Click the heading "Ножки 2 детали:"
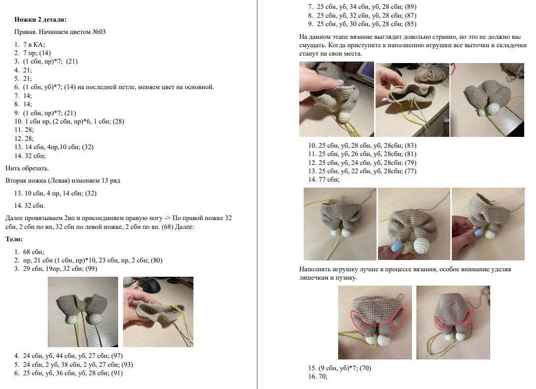[x=40, y=20]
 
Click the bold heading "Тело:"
[x=14, y=239]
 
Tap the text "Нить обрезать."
[x=28, y=168]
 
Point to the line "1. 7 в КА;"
[x=30, y=44]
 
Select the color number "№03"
[x=99, y=32]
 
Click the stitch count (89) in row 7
[x=410, y=6]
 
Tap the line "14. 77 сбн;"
[x=324, y=180]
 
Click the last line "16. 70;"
[x=317, y=377]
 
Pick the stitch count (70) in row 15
[x=365, y=368]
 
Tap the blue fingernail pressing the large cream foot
[x=396, y=246]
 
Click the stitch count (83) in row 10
[x=410, y=145]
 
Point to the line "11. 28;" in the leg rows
[x=24, y=130]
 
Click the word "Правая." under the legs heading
[x=25, y=32]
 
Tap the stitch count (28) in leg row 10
[x=118, y=122]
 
